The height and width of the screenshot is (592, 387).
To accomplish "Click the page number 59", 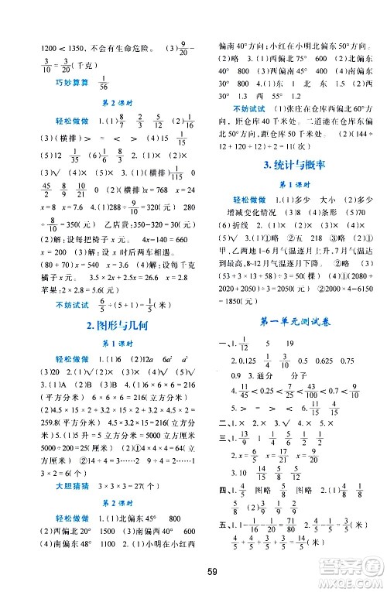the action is point(194,573).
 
